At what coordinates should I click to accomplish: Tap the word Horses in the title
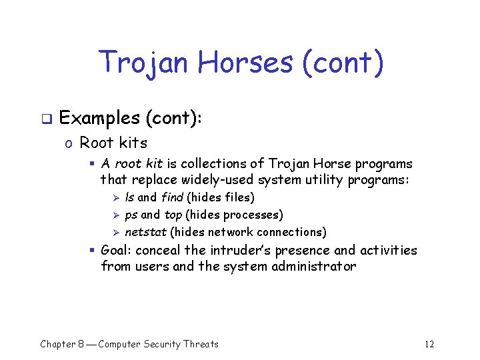pos(247,63)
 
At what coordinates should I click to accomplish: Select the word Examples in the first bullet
pos(98,118)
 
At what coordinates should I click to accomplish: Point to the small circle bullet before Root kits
pos(68,143)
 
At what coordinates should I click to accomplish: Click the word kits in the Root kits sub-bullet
pos(133,142)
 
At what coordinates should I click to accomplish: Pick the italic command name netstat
pos(145,232)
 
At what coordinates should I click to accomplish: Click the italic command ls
pos(129,197)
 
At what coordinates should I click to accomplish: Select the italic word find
pos(172,197)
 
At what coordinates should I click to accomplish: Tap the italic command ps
pos(131,215)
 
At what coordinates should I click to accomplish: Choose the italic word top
pos(173,215)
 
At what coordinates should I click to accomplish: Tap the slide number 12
pos(429,344)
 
